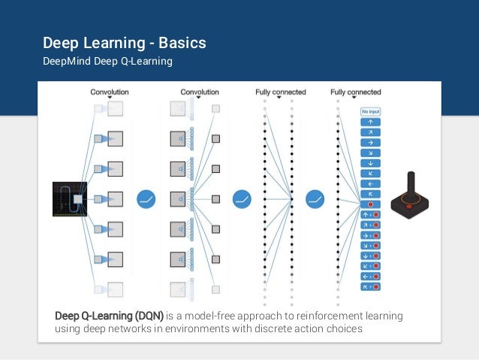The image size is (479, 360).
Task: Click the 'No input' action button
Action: click(370, 111)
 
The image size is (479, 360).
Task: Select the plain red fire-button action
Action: click(370, 204)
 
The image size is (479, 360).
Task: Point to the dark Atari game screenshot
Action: click(70, 198)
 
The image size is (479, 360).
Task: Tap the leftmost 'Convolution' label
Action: click(110, 92)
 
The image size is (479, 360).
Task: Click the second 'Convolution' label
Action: click(200, 92)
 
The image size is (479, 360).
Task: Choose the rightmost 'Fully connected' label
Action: click(356, 92)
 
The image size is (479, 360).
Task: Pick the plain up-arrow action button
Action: click(370, 121)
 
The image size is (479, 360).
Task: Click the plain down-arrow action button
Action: click(370, 162)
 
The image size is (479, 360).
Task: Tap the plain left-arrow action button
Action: click(370, 183)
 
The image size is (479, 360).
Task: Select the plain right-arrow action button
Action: click(370, 141)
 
